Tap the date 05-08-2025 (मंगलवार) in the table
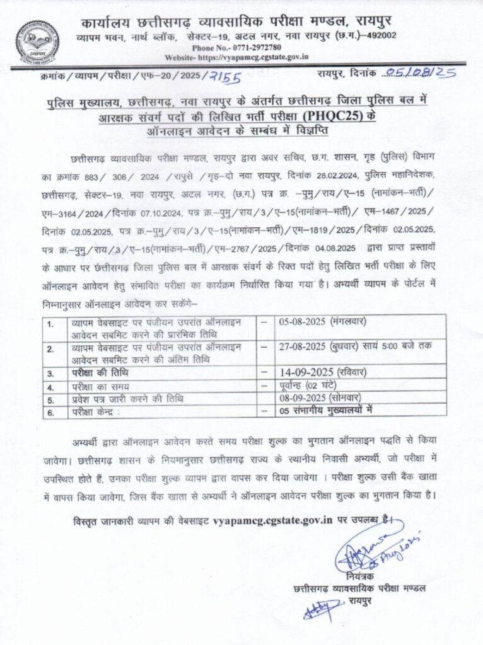[x=322, y=322]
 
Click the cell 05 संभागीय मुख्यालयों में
[x=327, y=409]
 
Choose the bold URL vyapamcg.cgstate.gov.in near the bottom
[x=273, y=520]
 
